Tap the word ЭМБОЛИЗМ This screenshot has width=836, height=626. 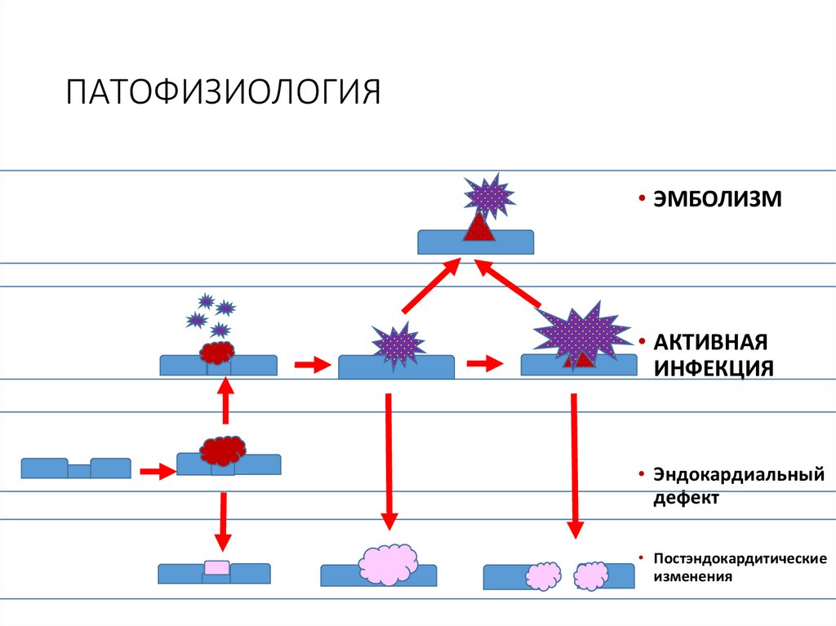point(716,198)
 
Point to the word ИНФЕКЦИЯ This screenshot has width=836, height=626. point(712,368)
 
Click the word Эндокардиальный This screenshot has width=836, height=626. point(738,474)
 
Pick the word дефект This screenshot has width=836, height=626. point(685,497)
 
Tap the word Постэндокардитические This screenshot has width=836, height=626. point(740,559)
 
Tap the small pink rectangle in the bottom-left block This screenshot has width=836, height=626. point(216,567)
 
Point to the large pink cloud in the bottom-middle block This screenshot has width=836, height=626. point(388,563)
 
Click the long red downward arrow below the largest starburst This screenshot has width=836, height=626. point(575,465)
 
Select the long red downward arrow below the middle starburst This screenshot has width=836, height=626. point(389,461)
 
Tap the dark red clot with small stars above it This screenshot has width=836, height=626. point(216,353)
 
